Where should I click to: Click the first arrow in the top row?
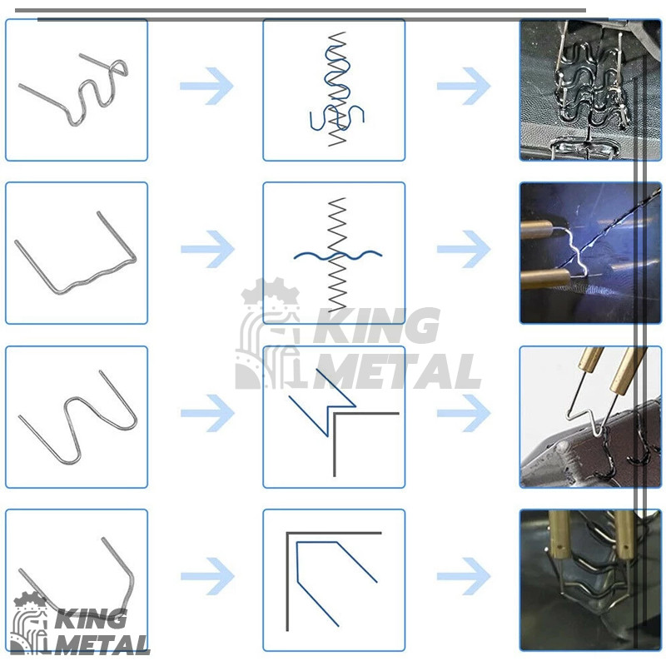(206, 86)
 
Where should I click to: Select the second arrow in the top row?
(464, 86)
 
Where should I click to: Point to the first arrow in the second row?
(207, 249)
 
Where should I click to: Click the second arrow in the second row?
(464, 249)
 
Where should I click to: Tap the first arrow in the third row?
(207, 413)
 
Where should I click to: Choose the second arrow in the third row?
(464, 413)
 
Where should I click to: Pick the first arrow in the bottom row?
(207, 576)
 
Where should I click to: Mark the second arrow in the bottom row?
(464, 576)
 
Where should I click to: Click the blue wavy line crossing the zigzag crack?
(338, 255)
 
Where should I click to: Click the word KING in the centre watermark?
(376, 326)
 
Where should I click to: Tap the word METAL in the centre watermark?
(397, 371)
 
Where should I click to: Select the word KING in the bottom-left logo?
(91, 619)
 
